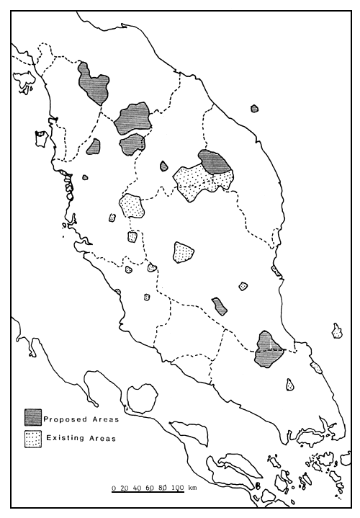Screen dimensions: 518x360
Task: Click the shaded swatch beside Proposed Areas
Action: (32, 417)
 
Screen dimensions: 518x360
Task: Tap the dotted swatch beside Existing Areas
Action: (32, 437)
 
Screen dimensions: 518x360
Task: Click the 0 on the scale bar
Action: (113, 488)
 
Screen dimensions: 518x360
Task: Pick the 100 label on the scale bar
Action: (179, 488)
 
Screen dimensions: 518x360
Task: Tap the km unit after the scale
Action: (192, 488)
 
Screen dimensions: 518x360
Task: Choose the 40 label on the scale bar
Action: (138, 488)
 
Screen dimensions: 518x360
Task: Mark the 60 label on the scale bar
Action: (151, 488)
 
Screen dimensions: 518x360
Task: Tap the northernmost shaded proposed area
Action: (93, 84)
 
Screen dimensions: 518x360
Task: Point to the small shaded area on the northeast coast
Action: (254, 109)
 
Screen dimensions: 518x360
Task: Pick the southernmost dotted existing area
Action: (290, 385)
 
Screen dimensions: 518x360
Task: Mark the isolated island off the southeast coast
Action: (337, 331)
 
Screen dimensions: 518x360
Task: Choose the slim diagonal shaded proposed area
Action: (220, 307)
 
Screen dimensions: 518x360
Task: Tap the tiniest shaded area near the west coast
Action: (85, 177)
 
